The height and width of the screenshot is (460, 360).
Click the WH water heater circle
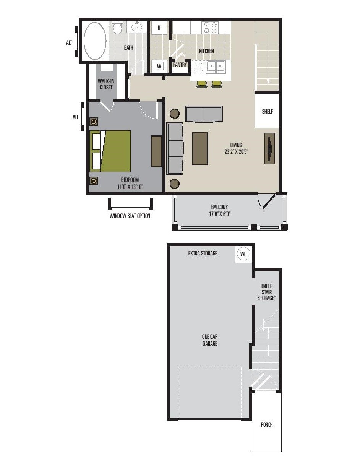tap(243, 254)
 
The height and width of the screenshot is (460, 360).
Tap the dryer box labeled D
tap(159, 28)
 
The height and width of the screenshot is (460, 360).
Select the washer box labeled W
tap(159, 66)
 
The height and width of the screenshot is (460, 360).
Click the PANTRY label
tap(180, 65)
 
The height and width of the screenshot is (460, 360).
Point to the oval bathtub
tap(95, 41)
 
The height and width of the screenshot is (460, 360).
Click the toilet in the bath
tap(117, 28)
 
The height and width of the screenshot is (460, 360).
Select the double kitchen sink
tap(216, 67)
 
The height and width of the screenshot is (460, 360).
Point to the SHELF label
tap(268, 112)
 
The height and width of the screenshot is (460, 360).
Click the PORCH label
tap(267, 424)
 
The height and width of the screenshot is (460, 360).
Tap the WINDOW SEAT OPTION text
tap(130, 216)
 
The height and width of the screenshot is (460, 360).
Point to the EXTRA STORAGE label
tap(203, 253)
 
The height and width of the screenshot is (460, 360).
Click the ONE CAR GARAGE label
tap(210, 340)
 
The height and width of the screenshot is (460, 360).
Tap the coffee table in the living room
tap(200, 148)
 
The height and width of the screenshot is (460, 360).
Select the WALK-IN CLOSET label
tap(106, 85)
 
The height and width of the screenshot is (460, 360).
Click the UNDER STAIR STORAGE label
tap(266, 292)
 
